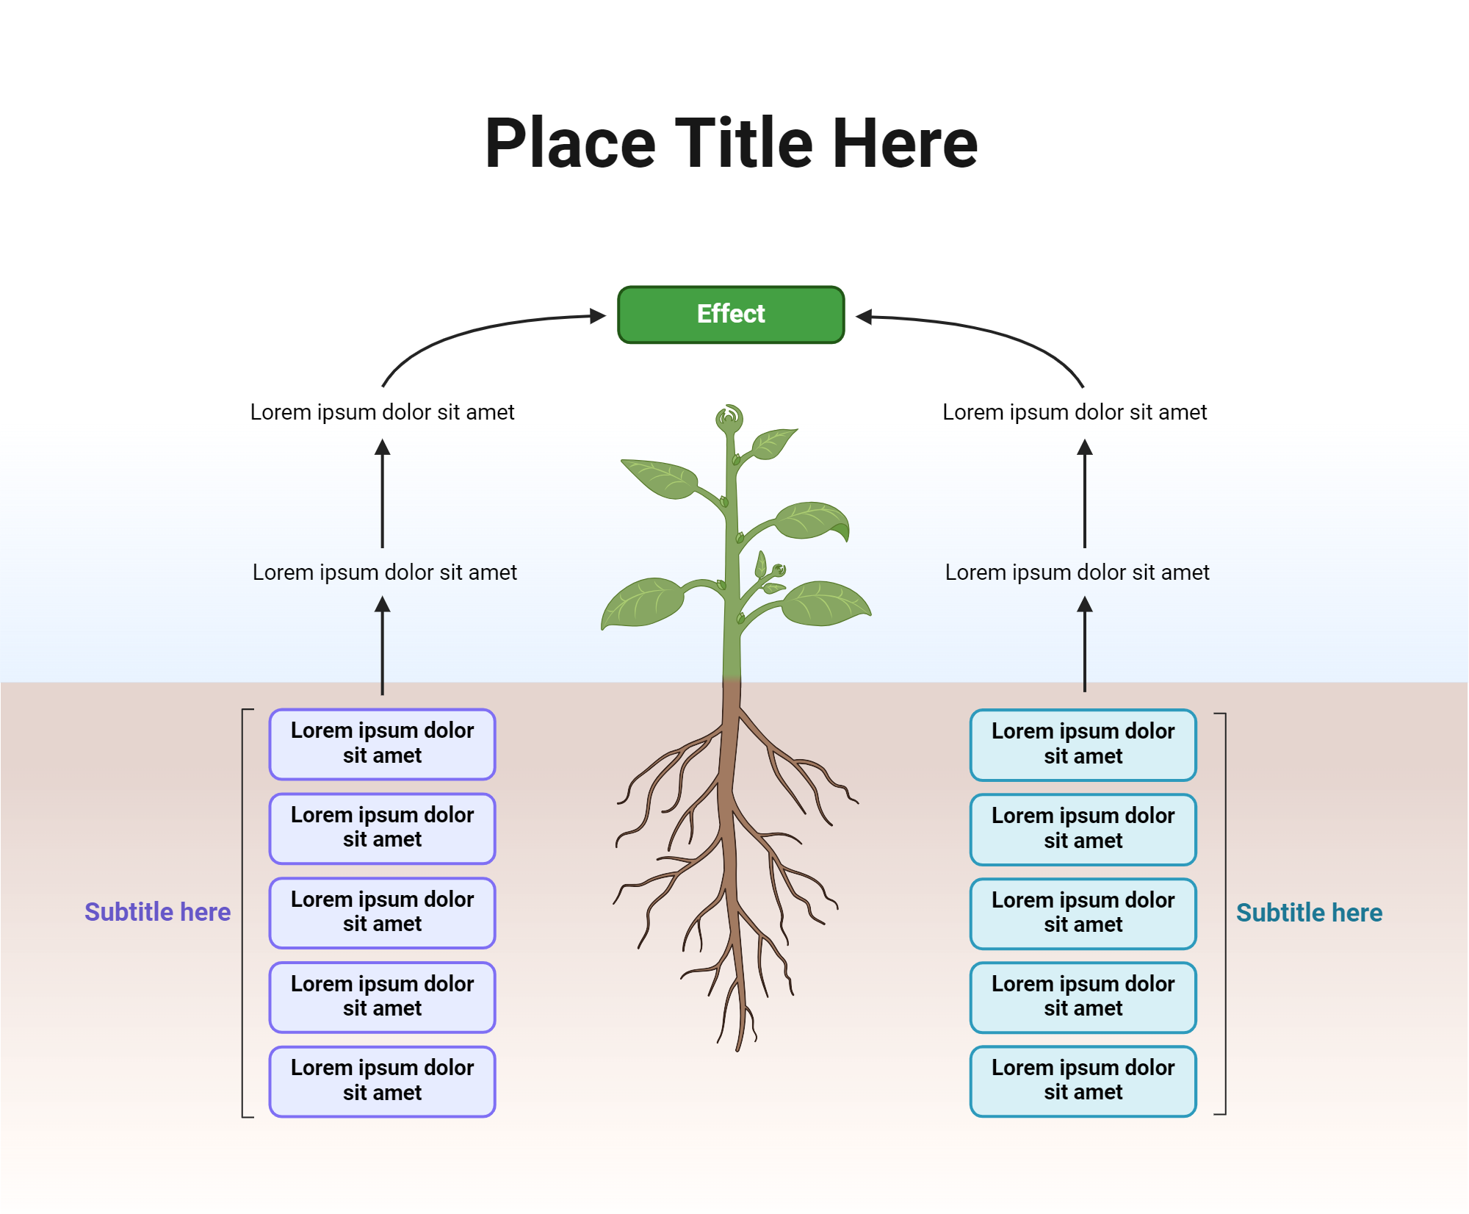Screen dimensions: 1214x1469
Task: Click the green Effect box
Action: (731, 315)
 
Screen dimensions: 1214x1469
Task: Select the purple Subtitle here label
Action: (157, 912)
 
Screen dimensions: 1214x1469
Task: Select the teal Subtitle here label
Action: (1309, 913)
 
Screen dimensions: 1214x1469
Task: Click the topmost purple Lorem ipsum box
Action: (382, 744)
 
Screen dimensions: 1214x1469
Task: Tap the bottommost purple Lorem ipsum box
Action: (382, 1081)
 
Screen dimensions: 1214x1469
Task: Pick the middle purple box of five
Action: (382, 912)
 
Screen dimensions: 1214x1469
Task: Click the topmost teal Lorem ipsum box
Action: (1083, 744)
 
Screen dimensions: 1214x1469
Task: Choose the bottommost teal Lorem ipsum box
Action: (1083, 1080)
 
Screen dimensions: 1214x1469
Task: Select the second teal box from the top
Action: (1083, 829)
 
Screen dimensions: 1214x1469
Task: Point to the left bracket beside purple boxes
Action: (243, 913)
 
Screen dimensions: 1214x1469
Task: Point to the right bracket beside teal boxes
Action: (1224, 913)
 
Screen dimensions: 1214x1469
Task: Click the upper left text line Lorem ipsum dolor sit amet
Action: (382, 412)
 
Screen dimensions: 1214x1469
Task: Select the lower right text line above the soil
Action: (1077, 572)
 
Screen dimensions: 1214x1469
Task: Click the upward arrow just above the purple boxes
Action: (382, 647)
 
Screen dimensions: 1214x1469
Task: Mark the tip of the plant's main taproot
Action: (737, 1047)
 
